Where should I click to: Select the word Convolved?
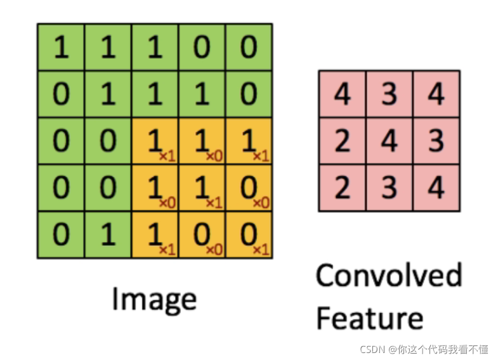(388, 277)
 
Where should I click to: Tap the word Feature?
(369, 318)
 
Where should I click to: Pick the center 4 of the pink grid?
(389, 141)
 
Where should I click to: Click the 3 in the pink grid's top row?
(389, 94)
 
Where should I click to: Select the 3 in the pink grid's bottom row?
(389, 188)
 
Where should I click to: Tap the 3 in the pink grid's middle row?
(436, 141)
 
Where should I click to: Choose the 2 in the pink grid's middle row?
(342, 141)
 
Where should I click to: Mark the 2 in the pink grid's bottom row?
(342, 188)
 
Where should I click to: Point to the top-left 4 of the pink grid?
(342, 94)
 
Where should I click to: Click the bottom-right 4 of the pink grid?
(436, 188)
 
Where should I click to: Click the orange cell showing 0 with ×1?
(249, 235)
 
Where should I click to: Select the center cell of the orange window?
(202, 188)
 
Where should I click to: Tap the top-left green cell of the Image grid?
(61, 47)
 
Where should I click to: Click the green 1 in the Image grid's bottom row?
(108, 235)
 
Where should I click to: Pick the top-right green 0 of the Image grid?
(249, 47)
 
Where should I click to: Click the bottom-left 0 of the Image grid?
(61, 235)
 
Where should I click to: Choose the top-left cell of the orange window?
(155, 141)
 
